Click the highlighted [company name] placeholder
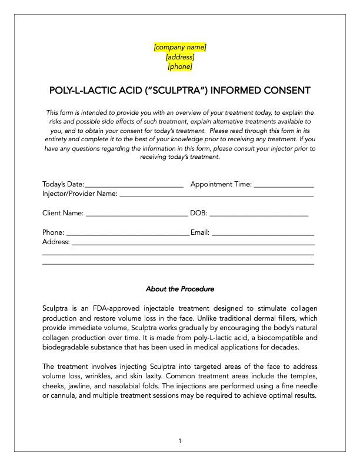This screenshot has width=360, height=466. [180, 47]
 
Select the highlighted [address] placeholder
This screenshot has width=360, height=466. [180, 57]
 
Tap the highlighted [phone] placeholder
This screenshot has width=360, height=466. [180, 67]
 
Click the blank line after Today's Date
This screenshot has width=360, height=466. [134, 185]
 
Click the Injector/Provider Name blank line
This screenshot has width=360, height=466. [216, 194]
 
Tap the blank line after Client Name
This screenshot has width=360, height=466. [136, 213]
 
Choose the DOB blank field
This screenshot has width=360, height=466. [259, 213]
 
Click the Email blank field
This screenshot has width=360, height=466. [262, 232]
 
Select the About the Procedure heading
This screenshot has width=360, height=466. [180, 289]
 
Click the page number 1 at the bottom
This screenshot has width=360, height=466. [180, 441]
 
